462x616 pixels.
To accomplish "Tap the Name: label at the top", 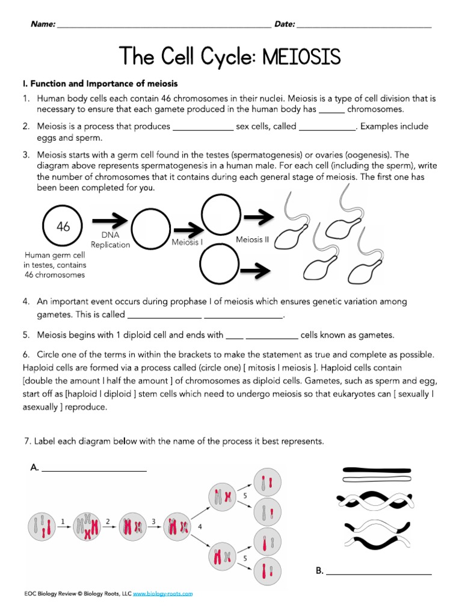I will point(43,24).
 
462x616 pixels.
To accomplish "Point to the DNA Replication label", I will point(110,241).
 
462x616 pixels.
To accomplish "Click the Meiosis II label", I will point(253,239).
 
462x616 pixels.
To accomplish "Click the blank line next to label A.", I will point(94,470).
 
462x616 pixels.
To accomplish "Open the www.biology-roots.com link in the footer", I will point(162,593).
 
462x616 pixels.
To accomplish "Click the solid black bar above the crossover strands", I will point(376,469).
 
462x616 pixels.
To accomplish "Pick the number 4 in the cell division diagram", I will point(199,525).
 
